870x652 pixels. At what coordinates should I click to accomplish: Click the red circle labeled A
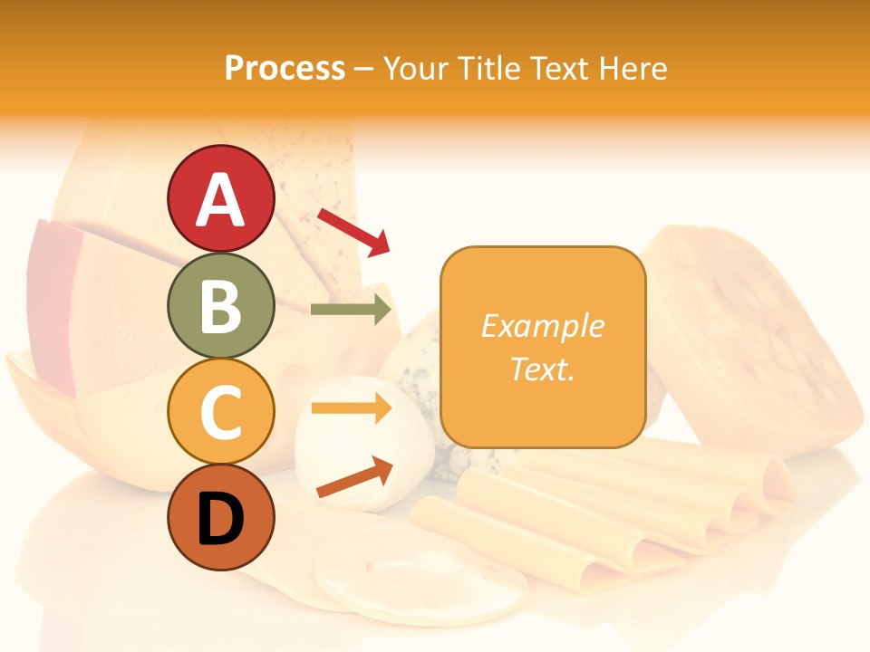220,199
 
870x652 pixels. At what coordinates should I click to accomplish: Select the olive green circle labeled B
220,305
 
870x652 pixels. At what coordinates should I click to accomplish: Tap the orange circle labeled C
220,411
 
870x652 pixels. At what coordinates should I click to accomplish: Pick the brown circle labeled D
220,517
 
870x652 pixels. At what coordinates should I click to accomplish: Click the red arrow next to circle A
353,233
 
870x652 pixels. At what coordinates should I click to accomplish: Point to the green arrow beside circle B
351,310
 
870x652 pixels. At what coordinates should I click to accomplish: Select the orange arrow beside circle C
351,407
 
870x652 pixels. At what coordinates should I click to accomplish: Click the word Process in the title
285,68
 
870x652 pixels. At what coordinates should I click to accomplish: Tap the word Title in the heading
490,68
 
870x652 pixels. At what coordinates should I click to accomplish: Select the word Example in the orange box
542,326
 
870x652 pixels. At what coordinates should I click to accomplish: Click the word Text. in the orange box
542,369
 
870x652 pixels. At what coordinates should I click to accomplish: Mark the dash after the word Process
363,69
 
